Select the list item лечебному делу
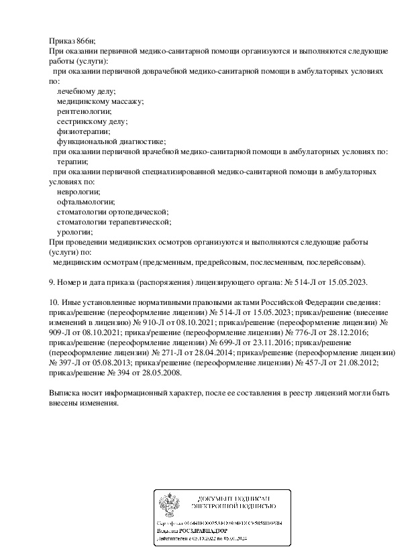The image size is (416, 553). tap(87, 90)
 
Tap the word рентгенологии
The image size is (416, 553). tap(84, 111)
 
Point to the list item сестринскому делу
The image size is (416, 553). tap(92, 121)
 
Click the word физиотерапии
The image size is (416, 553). tap(83, 131)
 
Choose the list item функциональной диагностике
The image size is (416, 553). tap(111, 141)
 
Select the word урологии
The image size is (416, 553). tap(75, 232)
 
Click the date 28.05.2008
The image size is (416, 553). tap(162, 373)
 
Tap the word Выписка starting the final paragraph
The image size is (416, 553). tap(66, 393)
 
